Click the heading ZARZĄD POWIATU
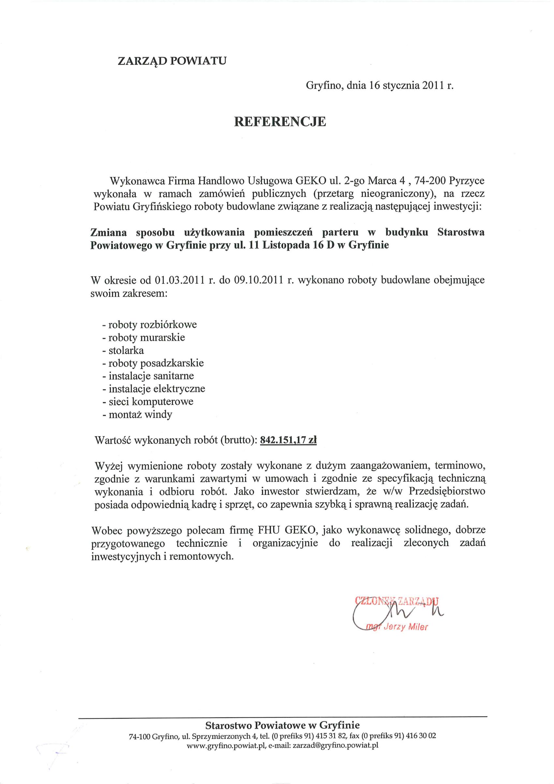coord(172,61)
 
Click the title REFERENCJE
coord(280,122)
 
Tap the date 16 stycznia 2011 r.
coord(411,85)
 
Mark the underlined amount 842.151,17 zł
coord(288,440)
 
